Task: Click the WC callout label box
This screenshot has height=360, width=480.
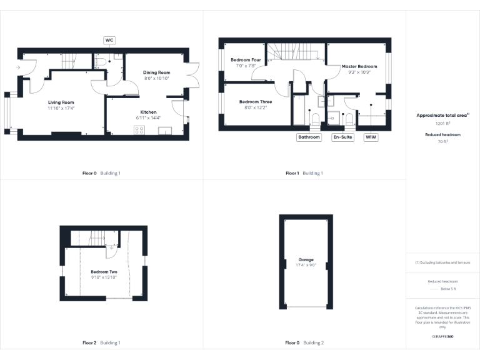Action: pos(109,40)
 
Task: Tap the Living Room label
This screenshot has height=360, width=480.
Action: pos(61,102)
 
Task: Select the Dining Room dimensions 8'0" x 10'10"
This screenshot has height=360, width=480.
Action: pos(157,79)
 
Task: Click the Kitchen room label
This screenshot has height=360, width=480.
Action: pos(148,112)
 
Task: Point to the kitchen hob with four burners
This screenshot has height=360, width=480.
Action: pos(139,130)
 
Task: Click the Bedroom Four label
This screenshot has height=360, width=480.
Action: pos(246,60)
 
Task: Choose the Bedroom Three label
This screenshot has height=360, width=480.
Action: pos(255,101)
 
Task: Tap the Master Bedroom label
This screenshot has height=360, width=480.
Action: pos(359,66)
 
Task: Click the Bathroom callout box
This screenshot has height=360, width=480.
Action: pos(309,137)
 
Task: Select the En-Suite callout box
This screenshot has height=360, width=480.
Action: pos(342,137)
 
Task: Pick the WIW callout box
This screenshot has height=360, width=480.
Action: pos(371,137)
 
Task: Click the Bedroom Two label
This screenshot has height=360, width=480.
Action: pos(104,272)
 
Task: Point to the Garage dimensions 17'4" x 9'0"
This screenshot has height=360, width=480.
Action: pos(306,265)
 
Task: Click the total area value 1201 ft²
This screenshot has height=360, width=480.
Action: pos(442,124)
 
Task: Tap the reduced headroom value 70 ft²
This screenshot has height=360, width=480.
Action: pos(442,142)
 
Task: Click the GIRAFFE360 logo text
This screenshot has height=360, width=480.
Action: pos(442,337)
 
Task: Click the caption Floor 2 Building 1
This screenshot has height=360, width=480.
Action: pos(102,342)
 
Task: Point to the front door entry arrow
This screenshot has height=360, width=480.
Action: pos(19,66)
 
